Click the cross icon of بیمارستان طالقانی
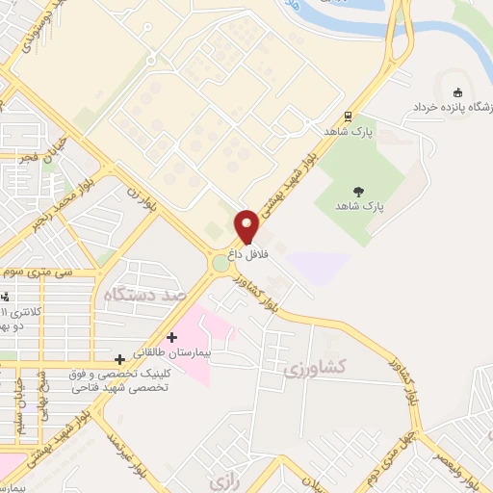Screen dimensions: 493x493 pos(171,338)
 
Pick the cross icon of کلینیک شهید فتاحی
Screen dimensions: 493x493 pos(119,359)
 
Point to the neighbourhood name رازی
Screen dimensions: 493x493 pos(223,479)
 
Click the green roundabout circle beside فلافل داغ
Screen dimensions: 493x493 pos(221,262)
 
